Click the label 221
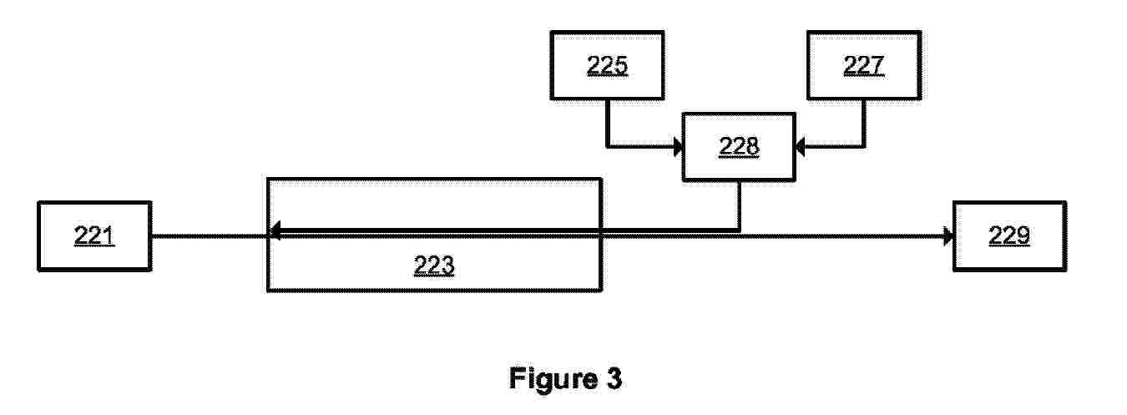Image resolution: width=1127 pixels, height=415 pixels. pyautogui.click(x=94, y=235)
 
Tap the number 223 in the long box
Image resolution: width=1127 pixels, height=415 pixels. pyautogui.click(x=434, y=265)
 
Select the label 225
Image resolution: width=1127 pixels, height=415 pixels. pyautogui.click(x=607, y=65)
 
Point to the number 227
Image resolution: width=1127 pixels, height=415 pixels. pyautogui.click(x=864, y=65)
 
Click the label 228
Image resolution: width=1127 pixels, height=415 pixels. pyautogui.click(x=739, y=146)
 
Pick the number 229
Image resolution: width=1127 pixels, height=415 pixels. pyautogui.click(x=1009, y=235)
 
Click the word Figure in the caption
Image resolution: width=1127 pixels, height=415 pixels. pyautogui.click(x=553, y=378)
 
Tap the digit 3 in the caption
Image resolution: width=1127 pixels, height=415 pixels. pyautogui.click(x=614, y=377)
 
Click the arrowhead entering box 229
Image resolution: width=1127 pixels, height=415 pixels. pyautogui.click(x=948, y=235)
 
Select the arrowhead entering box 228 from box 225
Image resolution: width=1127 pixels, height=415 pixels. pyautogui.click(x=678, y=147)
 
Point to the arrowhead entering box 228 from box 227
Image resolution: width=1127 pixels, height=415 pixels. pyautogui.click(x=801, y=147)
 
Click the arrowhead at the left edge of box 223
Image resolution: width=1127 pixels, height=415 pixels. pyautogui.click(x=275, y=231)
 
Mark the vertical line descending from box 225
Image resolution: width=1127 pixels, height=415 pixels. pyautogui.click(x=607, y=124)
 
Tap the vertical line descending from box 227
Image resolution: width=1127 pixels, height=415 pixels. pyautogui.click(x=864, y=124)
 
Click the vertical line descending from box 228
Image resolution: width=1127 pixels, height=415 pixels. pyautogui.click(x=739, y=205)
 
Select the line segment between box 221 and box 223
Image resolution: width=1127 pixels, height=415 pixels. pyautogui.click(x=210, y=236)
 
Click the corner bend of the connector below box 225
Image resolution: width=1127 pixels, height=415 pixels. pyautogui.click(x=607, y=147)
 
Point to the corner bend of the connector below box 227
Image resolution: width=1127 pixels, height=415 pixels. pyautogui.click(x=864, y=147)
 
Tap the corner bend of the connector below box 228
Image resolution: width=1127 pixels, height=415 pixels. pyautogui.click(x=739, y=231)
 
